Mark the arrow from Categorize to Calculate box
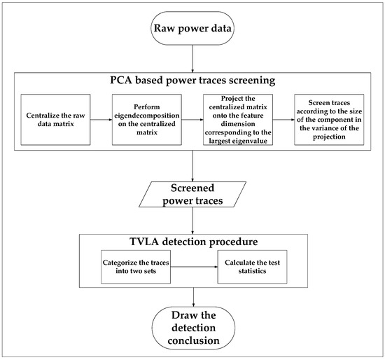coord(194,267)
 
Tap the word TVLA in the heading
coord(146,242)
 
